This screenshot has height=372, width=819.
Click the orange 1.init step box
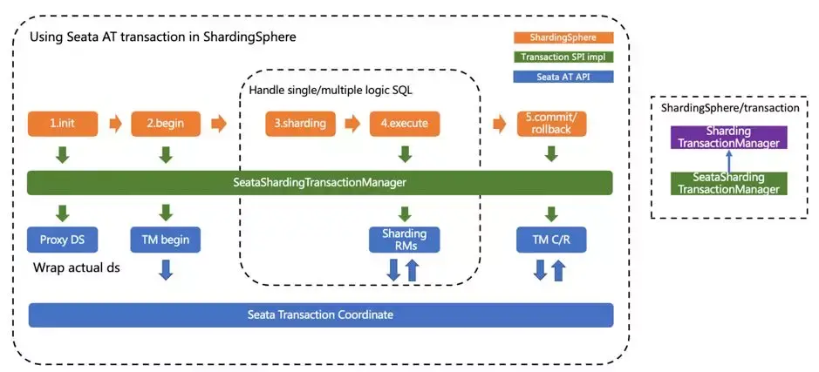63,124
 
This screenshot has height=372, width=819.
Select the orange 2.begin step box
166,124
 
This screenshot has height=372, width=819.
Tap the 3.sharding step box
300,124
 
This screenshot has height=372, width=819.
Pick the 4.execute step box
405,124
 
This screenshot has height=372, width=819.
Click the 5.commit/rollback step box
551,124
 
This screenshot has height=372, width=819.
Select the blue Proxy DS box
63,240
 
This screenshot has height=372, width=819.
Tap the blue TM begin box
166,240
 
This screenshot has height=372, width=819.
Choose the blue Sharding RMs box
405,240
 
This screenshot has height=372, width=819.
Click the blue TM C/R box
551,240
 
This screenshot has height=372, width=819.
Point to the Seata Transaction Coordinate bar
321,315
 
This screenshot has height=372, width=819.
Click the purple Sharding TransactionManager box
728,138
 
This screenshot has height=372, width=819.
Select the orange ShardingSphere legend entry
563,37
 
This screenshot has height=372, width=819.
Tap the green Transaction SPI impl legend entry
563,57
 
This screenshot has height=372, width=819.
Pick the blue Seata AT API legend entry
563,77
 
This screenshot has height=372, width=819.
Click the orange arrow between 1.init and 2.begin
115,125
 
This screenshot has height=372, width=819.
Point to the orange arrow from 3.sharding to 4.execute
353,125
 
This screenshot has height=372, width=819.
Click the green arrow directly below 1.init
63,155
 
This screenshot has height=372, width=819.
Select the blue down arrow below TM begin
166,270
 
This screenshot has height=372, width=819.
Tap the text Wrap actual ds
77,268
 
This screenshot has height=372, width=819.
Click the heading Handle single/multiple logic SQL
331,90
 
